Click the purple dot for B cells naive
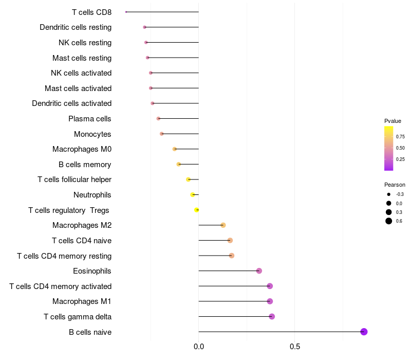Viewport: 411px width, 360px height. click(x=364, y=332)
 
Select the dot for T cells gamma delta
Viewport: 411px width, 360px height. click(x=272, y=316)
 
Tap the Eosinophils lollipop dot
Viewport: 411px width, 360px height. click(x=259, y=271)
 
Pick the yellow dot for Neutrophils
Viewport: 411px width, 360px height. click(x=193, y=194)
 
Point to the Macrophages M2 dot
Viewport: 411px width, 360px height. click(x=223, y=225)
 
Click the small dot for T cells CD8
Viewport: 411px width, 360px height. click(x=126, y=12)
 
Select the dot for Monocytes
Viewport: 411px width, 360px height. click(x=162, y=134)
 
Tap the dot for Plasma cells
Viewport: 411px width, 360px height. click(x=158, y=118)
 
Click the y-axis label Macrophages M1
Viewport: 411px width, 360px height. click(x=82, y=301)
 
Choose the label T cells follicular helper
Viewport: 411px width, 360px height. click(x=74, y=179)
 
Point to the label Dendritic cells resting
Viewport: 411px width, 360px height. click(x=76, y=27)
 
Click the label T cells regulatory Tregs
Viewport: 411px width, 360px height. click(x=69, y=210)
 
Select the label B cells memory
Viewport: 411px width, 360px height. click(x=85, y=165)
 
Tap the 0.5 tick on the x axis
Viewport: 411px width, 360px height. click(x=294, y=347)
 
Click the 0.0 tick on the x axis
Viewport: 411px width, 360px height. click(x=199, y=347)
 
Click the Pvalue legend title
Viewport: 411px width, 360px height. click(x=393, y=121)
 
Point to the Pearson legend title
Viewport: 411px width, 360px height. click(x=395, y=185)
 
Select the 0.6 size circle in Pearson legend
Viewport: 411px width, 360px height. click(x=389, y=221)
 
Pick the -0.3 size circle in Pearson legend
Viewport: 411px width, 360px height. click(x=389, y=194)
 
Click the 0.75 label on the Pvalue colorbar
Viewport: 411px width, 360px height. click(x=400, y=137)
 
